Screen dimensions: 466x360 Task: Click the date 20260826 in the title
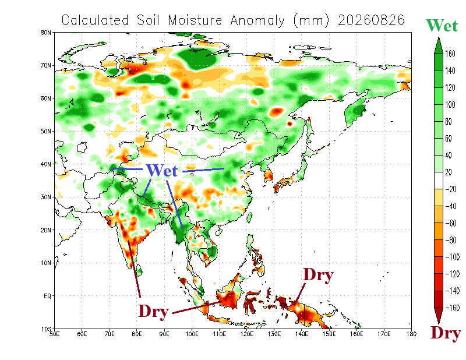tap(372, 20)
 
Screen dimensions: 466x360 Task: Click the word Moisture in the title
tap(195, 20)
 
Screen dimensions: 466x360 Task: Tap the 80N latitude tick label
tap(46, 33)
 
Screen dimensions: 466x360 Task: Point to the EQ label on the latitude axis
tap(48, 296)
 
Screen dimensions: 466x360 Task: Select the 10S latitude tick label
tap(46, 329)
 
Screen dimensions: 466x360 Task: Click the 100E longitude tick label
tap(192, 334)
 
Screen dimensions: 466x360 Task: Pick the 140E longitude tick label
tap(301, 334)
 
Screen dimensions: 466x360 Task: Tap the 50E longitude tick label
tap(54, 334)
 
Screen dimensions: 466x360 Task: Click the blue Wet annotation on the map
tap(162, 170)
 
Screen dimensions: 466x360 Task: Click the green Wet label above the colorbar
tap(442, 25)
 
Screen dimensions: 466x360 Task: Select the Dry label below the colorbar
tap(446, 333)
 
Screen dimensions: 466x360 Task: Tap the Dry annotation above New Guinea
tap(318, 275)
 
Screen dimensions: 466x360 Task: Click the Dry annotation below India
tap(154, 311)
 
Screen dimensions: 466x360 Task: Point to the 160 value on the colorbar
tap(450, 54)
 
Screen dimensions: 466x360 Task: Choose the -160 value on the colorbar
tap(452, 308)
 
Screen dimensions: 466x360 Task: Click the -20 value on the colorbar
tap(450, 189)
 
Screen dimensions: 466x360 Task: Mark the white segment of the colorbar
tap(439, 181)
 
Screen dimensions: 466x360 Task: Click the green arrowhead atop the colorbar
tap(439, 45)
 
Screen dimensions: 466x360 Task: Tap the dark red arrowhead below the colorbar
tap(439, 316)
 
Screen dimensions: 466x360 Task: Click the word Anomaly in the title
tap(257, 21)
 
